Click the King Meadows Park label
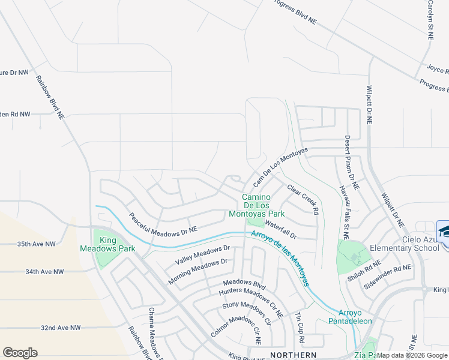click(108, 244)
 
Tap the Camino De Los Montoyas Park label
click(257, 205)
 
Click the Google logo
click(20, 353)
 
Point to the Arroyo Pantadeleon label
click(355, 317)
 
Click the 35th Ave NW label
click(36, 244)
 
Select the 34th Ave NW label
click(44, 272)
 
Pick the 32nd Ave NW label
click(61, 328)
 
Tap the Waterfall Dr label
click(281, 232)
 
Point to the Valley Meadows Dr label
click(203, 255)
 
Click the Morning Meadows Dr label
click(197, 271)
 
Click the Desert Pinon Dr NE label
click(352, 163)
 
